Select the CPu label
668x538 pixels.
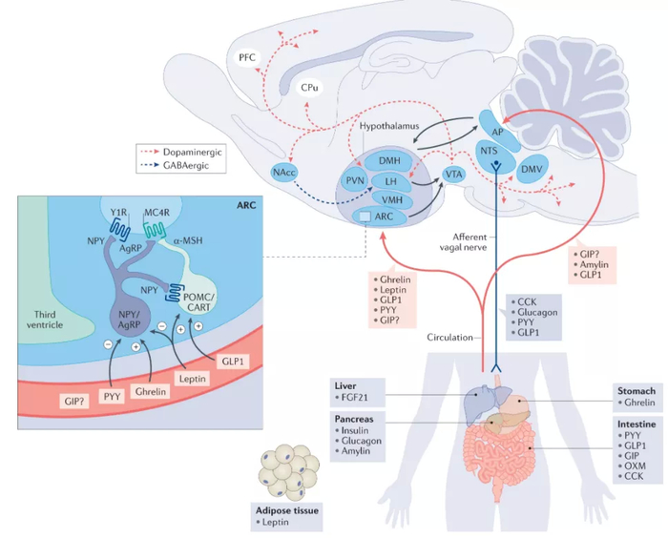click(309, 87)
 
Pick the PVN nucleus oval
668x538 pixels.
click(355, 181)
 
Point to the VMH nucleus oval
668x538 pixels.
click(390, 199)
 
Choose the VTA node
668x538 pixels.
click(453, 176)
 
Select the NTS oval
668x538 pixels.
click(489, 151)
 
